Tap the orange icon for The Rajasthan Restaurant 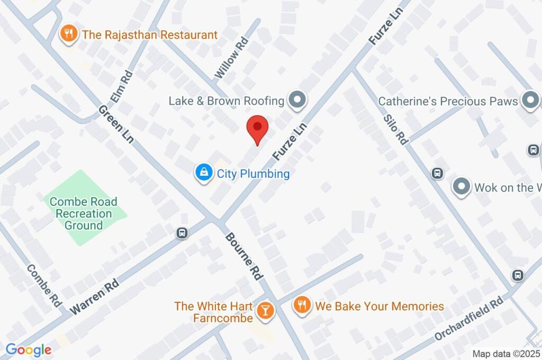[68, 35]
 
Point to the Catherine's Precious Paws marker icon [529, 100]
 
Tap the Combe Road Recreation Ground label [84, 213]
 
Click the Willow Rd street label [231, 58]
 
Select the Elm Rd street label [121, 87]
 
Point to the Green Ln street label [116, 124]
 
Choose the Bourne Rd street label [243, 257]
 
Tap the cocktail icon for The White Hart [265, 311]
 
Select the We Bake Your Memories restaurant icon [302, 306]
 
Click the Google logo [29, 349]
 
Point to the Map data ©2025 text [506, 354]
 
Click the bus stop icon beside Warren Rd [182, 232]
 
